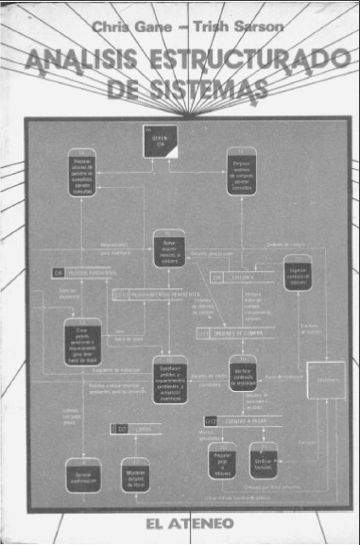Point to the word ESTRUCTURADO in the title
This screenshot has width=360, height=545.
(x=232, y=61)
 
